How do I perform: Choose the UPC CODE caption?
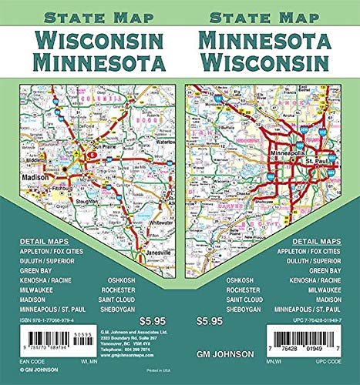click(x=331, y=371)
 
